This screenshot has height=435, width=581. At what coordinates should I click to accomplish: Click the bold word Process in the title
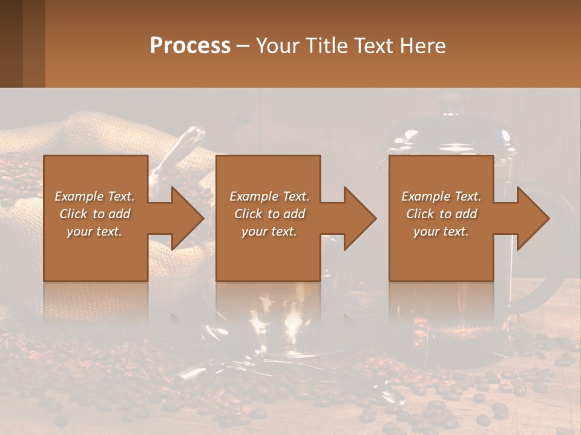(190, 45)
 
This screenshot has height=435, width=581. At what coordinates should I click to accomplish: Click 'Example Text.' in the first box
(94, 196)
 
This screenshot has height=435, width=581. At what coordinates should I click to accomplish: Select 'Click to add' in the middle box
(269, 214)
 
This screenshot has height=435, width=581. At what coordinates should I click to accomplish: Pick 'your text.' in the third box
(441, 231)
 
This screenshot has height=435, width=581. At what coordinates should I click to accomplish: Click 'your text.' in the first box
(94, 231)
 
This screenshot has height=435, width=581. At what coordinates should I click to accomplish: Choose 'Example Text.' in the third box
(441, 196)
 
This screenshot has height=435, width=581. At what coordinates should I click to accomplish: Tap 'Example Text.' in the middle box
(269, 196)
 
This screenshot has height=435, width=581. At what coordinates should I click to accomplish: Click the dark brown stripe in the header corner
(11, 43)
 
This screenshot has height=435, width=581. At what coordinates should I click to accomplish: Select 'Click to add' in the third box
(441, 214)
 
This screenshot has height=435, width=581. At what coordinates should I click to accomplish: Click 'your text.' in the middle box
(269, 231)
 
